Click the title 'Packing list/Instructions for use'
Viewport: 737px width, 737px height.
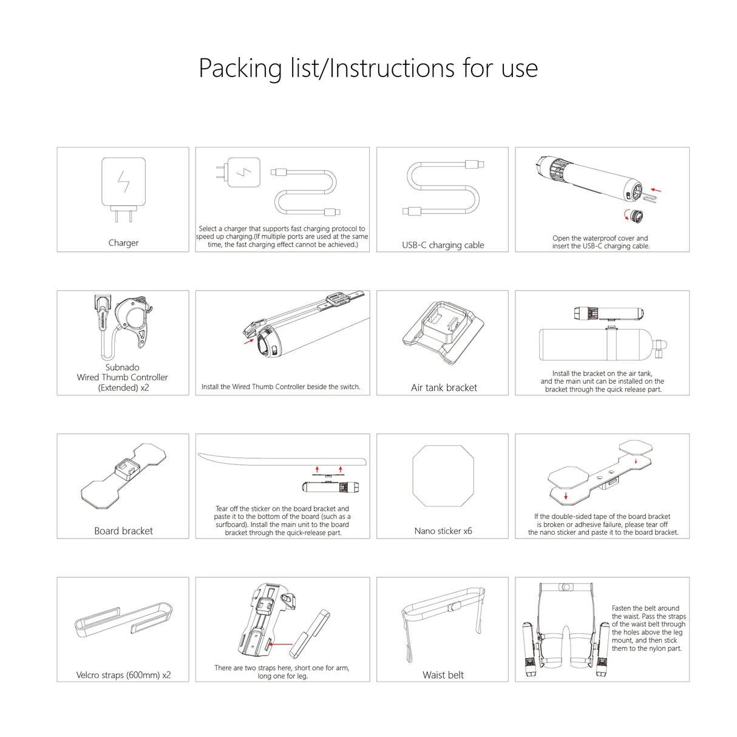click(368, 68)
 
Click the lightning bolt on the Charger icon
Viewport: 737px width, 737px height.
click(123, 182)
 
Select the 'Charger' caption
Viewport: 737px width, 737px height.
click(123, 243)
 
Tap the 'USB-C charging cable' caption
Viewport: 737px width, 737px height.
click(443, 245)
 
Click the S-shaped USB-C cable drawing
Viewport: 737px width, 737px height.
click(443, 188)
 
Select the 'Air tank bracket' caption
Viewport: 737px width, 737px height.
click(444, 387)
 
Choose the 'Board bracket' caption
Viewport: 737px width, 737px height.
click(123, 531)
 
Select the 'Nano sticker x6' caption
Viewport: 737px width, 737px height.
click(443, 531)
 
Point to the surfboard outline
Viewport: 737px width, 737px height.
click(282, 460)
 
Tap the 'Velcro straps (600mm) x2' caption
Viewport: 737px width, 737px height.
click(123, 675)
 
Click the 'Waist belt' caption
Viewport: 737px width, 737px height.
click(443, 675)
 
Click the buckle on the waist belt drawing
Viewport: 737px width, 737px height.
click(452, 607)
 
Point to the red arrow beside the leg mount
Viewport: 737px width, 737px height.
click(279, 645)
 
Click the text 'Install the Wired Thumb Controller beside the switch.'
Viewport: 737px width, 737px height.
click(280, 387)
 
